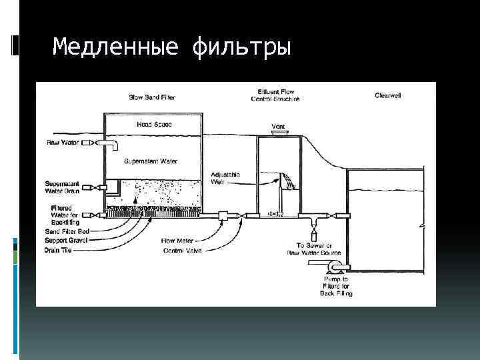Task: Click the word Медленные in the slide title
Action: (x=116, y=47)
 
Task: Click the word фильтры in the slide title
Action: (x=241, y=47)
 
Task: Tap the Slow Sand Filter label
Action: (x=153, y=97)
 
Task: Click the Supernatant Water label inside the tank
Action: (x=151, y=161)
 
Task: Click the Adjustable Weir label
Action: (x=225, y=179)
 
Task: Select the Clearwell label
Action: (x=387, y=95)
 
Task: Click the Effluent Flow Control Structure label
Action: (x=276, y=95)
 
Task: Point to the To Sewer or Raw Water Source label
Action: (x=313, y=249)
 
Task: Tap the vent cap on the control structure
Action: (x=278, y=133)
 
